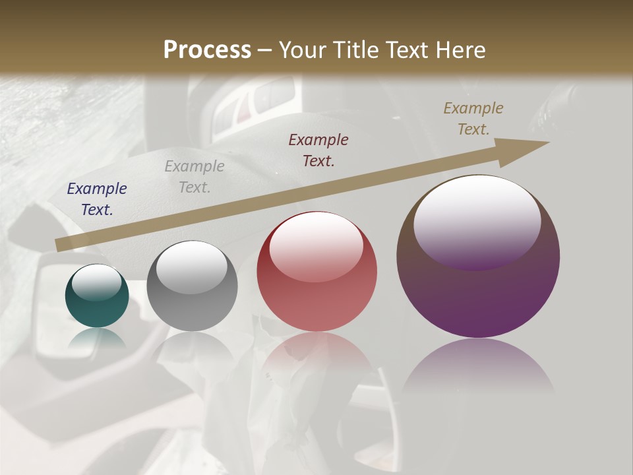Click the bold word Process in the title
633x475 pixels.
coord(207,49)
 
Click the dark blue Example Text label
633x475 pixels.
coord(97,199)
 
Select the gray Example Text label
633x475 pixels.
coord(195,177)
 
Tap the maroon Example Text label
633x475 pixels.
coord(318,150)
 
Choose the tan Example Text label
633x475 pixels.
coord(473,119)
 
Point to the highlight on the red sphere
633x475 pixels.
coord(316,245)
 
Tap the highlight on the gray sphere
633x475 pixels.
coord(191,267)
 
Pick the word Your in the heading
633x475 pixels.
coord(302,49)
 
